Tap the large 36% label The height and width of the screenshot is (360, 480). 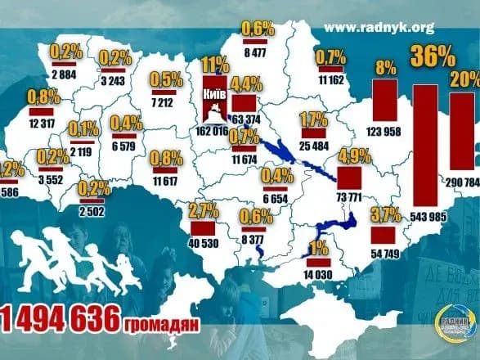[433, 57]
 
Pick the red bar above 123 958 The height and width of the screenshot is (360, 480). [384, 98]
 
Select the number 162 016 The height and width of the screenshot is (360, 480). [212, 129]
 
